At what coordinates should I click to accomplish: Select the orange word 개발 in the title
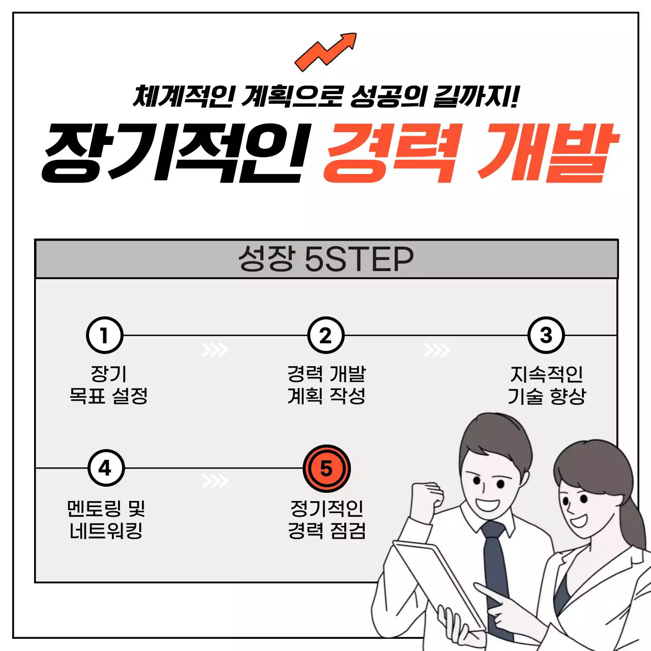click(x=547, y=153)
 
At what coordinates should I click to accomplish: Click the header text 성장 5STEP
click(x=325, y=259)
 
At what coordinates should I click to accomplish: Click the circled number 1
click(x=104, y=335)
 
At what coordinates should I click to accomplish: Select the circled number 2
click(x=325, y=335)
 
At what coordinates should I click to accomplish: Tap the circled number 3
click(x=546, y=335)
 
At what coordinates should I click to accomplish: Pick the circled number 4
click(x=106, y=468)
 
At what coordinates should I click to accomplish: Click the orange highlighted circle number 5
click(x=326, y=468)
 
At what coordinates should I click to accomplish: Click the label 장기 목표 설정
click(x=108, y=385)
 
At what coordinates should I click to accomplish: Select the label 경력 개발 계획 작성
click(x=326, y=385)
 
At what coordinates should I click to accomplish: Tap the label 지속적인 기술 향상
click(x=547, y=385)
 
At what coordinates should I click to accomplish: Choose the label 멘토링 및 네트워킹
click(x=106, y=519)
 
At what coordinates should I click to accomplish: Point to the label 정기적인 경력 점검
click(x=327, y=519)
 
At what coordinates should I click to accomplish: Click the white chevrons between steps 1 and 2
click(x=215, y=350)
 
